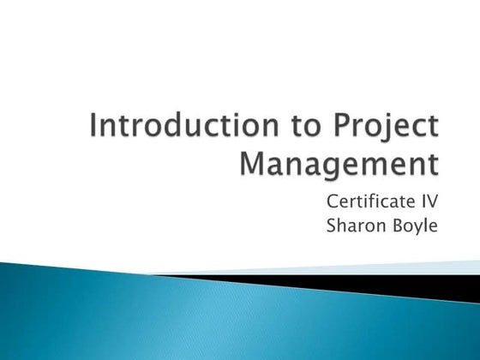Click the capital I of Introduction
tap(93, 129)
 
